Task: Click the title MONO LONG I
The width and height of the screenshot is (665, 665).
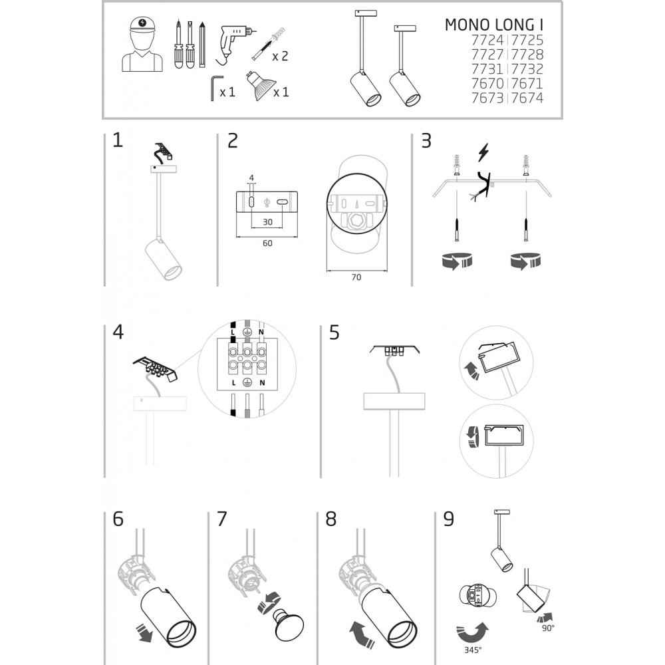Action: click(x=493, y=25)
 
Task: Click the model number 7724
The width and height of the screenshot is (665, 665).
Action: click(x=487, y=41)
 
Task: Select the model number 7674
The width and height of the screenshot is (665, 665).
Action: click(x=527, y=98)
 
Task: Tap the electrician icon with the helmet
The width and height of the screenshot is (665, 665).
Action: click(x=142, y=44)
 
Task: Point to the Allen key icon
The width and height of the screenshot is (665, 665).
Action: click(x=216, y=88)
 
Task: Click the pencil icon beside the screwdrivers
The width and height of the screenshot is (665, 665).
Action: click(x=202, y=45)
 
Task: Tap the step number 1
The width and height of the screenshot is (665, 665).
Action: click(x=118, y=140)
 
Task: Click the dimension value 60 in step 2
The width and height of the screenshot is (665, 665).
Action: click(x=267, y=243)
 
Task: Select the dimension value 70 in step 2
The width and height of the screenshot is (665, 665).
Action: click(x=356, y=277)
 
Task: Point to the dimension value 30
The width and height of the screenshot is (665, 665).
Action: click(x=267, y=222)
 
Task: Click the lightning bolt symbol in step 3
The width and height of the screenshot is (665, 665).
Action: click(x=483, y=152)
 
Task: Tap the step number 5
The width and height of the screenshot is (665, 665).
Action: click(x=334, y=332)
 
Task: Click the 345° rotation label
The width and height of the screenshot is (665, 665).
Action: click(x=472, y=650)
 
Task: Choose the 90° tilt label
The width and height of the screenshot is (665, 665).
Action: click(x=548, y=628)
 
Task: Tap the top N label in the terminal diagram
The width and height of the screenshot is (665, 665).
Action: click(x=261, y=332)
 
